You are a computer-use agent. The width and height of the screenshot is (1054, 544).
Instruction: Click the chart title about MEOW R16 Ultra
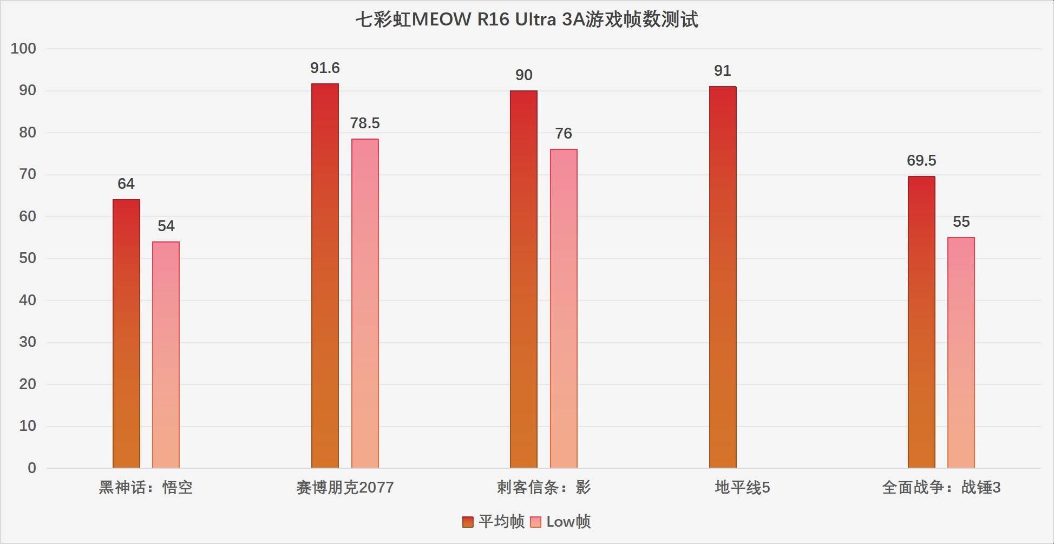pyautogui.click(x=526, y=20)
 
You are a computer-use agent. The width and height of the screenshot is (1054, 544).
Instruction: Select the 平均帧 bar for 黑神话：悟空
pyautogui.click(x=126, y=333)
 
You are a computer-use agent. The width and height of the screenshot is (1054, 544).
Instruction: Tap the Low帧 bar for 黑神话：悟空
pyautogui.click(x=166, y=355)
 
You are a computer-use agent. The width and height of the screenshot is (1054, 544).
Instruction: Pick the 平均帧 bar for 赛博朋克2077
pyautogui.click(x=325, y=276)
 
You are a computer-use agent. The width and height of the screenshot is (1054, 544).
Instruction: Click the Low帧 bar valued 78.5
pyautogui.click(x=365, y=303)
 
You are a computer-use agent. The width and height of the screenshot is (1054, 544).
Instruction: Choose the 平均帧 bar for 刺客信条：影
pyautogui.click(x=523, y=279)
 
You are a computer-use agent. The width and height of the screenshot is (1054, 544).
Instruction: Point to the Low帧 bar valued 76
pyautogui.click(x=564, y=309)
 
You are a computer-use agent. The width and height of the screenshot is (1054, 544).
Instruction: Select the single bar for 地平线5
pyautogui.click(x=723, y=277)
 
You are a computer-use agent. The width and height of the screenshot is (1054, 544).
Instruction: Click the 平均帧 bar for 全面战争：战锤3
pyautogui.click(x=921, y=322)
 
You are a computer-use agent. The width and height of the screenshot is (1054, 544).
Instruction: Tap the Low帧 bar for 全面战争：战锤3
pyautogui.click(x=961, y=352)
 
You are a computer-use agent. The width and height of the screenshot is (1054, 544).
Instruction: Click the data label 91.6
pyautogui.click(x=325, y=68)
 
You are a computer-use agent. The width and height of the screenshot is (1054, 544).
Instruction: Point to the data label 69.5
pyautogui.click(x=921, y=161)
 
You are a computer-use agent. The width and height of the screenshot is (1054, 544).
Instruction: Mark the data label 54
pyautogui.click(x=166, y=226)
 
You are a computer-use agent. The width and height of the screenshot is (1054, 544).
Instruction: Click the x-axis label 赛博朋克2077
pyautogui.click(x=345, y=488)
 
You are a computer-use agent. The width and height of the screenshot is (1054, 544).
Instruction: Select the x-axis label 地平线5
pyautogui.click(x=742, y=488)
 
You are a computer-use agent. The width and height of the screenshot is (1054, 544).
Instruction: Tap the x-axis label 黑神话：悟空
pyautogui.click(x=146, y=488)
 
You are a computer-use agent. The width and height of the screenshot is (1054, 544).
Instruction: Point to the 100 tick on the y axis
pyautogui.click(x=23, y=49)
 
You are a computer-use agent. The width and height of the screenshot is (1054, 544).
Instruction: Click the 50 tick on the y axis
pyautogui.click(x=27, y=258)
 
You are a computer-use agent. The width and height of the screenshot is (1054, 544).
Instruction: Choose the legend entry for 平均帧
pyautogui.click(x=493, y=522)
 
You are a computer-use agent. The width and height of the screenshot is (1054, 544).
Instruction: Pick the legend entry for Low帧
pyautogui.click(x=561, y=522)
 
